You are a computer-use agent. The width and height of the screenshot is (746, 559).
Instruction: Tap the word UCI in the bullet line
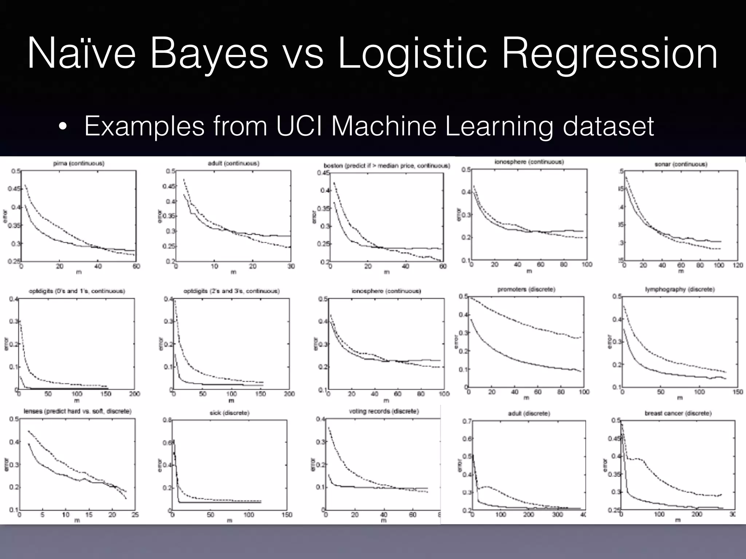click(299, 126)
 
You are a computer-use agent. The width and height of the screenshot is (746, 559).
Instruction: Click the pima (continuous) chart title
click(79, 163)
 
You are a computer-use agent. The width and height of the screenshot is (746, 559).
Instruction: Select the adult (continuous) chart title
click(233, 163)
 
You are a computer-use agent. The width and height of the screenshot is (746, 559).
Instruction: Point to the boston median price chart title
click(387, 166)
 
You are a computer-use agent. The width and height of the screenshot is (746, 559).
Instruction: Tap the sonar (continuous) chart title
click(681, 164)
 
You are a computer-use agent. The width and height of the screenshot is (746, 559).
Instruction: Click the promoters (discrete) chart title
click(526, 289)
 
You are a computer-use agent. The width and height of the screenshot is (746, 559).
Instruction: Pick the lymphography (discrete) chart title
click(680, 289)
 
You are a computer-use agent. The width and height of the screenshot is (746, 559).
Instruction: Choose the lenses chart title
click(78, 411)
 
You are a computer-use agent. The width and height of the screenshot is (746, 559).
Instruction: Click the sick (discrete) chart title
click(229, 413)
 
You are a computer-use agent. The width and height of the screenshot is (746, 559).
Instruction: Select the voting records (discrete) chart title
click(384, 411)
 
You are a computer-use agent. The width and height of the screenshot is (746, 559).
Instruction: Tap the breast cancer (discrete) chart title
click(678, 413)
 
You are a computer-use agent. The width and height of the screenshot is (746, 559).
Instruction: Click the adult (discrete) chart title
click(529, 413)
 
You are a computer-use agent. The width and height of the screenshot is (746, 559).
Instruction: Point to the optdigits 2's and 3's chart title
click(232, 291)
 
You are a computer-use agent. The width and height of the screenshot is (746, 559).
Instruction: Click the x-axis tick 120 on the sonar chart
click(738, 265)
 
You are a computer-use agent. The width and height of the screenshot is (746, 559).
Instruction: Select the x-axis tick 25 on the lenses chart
click(135, 515)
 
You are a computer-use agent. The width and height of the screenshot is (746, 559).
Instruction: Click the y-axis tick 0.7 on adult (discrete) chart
click(467, 421)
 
